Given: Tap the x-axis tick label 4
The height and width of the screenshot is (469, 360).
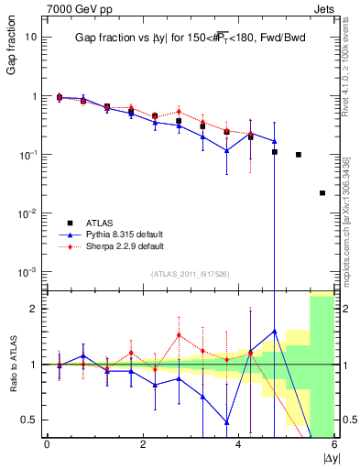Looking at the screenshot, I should click(238, 444).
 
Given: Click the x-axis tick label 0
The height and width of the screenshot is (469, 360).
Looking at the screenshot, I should click(47, 444).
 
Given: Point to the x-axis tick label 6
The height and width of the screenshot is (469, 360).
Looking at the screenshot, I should click(334, 444).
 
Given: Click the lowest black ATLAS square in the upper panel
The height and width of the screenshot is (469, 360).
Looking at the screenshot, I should click(322, 193).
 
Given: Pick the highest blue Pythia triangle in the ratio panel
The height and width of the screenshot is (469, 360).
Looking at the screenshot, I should click(275, 331).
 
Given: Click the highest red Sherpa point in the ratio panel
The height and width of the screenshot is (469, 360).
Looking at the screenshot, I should click(179, 335).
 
